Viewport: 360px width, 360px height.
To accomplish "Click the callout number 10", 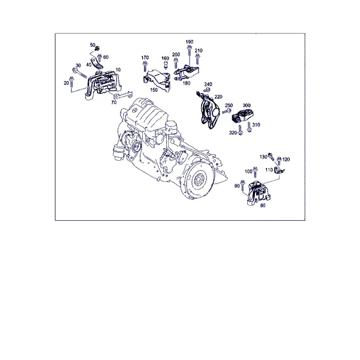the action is (x=118, y=70).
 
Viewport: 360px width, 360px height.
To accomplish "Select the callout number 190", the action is (x=190, y=42).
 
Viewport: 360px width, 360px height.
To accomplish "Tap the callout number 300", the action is (x=247, y=106).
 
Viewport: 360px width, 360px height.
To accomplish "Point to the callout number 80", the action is (x=263, y=205).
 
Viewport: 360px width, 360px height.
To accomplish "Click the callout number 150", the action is (x=154, y=90).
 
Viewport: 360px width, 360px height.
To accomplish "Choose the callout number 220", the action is (x=218, y=97).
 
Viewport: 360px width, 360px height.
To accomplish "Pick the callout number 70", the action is (x=114, y=103).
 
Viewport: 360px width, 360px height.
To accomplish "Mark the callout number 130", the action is (x=263, y=157).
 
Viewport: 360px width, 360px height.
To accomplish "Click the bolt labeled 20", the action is (x=71, y=82).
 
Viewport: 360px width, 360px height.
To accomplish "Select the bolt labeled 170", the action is (x=145, y=67).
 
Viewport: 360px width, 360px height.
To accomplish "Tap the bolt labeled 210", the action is (x=197, y=59).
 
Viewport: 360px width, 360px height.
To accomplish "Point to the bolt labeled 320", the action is (x=240, y=130).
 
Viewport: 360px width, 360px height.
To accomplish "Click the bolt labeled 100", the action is (x=255, y=172).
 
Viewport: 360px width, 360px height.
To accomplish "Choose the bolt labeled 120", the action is (x=279, y=161).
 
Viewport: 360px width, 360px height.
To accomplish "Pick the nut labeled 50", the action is (x=97, y=48).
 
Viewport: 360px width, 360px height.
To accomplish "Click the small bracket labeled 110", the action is (x=279, y=170).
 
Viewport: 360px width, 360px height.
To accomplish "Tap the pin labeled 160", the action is (x=165, y=65).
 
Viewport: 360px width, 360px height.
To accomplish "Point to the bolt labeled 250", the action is (x=227, y=112).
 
